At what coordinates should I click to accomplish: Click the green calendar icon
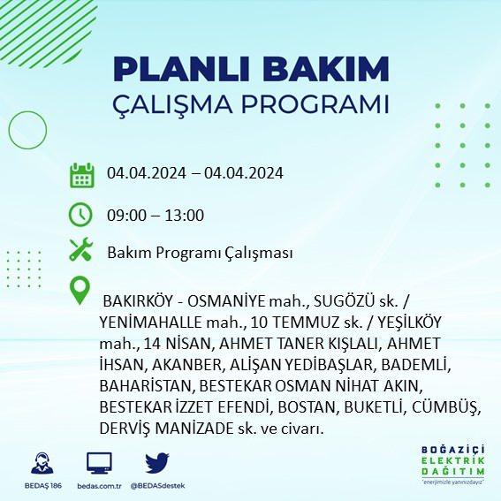click(x=82, y=175)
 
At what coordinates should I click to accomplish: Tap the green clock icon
click(x=80, y=215)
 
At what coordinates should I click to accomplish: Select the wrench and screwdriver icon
click(x=80, y=249)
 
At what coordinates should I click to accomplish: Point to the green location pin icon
click(x=80, y=290)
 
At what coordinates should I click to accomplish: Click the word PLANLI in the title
click(x=181, y=70)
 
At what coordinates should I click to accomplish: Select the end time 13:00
click(x=185, y=215)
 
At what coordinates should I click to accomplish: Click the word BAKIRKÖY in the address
click(x=138, y=300)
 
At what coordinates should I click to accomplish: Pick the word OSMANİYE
click(x=226, y=300)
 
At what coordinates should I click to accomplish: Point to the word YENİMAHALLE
click(x=150, y=322)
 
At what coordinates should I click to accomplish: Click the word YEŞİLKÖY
click(x=409, y=322)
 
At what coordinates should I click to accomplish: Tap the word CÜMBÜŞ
click(x=445, y=407)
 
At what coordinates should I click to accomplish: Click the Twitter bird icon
click(x=157, y=462)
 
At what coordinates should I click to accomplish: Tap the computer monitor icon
click(x=99, y=463)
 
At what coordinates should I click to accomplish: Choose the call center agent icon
click(x=42, y=463)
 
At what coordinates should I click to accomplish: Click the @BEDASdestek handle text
click(x=157, y=486)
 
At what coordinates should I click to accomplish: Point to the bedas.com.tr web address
click(x=99, y=486)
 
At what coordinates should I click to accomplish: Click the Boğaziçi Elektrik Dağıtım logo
click(x=452, y=464)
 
